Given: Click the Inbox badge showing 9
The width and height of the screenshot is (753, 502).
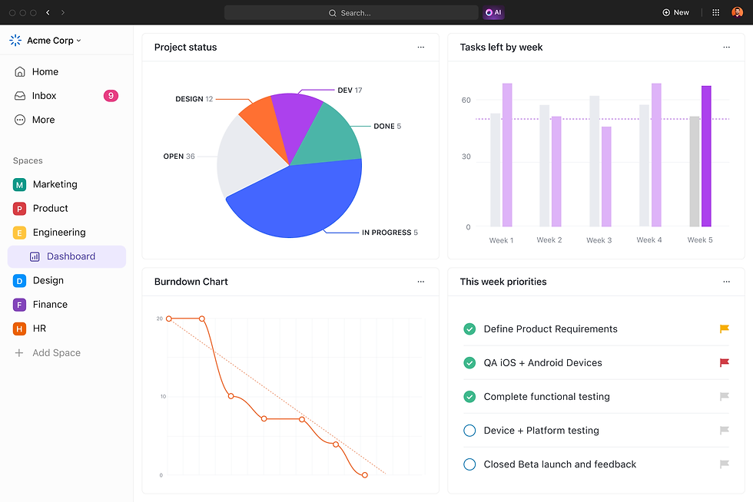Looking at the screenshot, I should (111, 96).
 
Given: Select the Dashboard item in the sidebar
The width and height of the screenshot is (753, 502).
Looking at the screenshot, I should (71, 256).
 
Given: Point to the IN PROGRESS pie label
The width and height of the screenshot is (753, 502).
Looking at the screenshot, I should (386, 233).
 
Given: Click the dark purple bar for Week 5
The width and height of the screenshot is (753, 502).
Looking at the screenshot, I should (706, 157).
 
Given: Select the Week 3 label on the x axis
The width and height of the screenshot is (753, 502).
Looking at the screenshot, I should (599, 240).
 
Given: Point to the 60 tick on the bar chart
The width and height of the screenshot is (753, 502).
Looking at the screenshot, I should (466, 100).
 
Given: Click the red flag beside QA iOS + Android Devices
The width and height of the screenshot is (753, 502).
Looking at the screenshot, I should (724, 362).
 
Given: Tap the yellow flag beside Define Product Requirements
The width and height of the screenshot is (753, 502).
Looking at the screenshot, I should (724, 329).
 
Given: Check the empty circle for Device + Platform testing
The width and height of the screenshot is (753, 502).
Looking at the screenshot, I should (469, 431).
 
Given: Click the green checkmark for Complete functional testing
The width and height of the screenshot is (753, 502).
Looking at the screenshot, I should (469, 397).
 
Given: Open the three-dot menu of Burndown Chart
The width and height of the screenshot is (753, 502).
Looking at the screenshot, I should (420, 282).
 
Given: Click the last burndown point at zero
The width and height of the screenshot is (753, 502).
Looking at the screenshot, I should (364, 475).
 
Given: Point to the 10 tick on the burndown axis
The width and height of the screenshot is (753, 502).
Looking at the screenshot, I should (163, 397).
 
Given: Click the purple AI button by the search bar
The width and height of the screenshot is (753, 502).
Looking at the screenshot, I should (493, 12).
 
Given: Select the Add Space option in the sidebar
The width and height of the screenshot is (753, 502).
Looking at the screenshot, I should (56, 353).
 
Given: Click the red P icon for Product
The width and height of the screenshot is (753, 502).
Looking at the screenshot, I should (19, 209).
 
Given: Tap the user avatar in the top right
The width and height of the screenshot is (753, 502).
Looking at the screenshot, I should (737, 12).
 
